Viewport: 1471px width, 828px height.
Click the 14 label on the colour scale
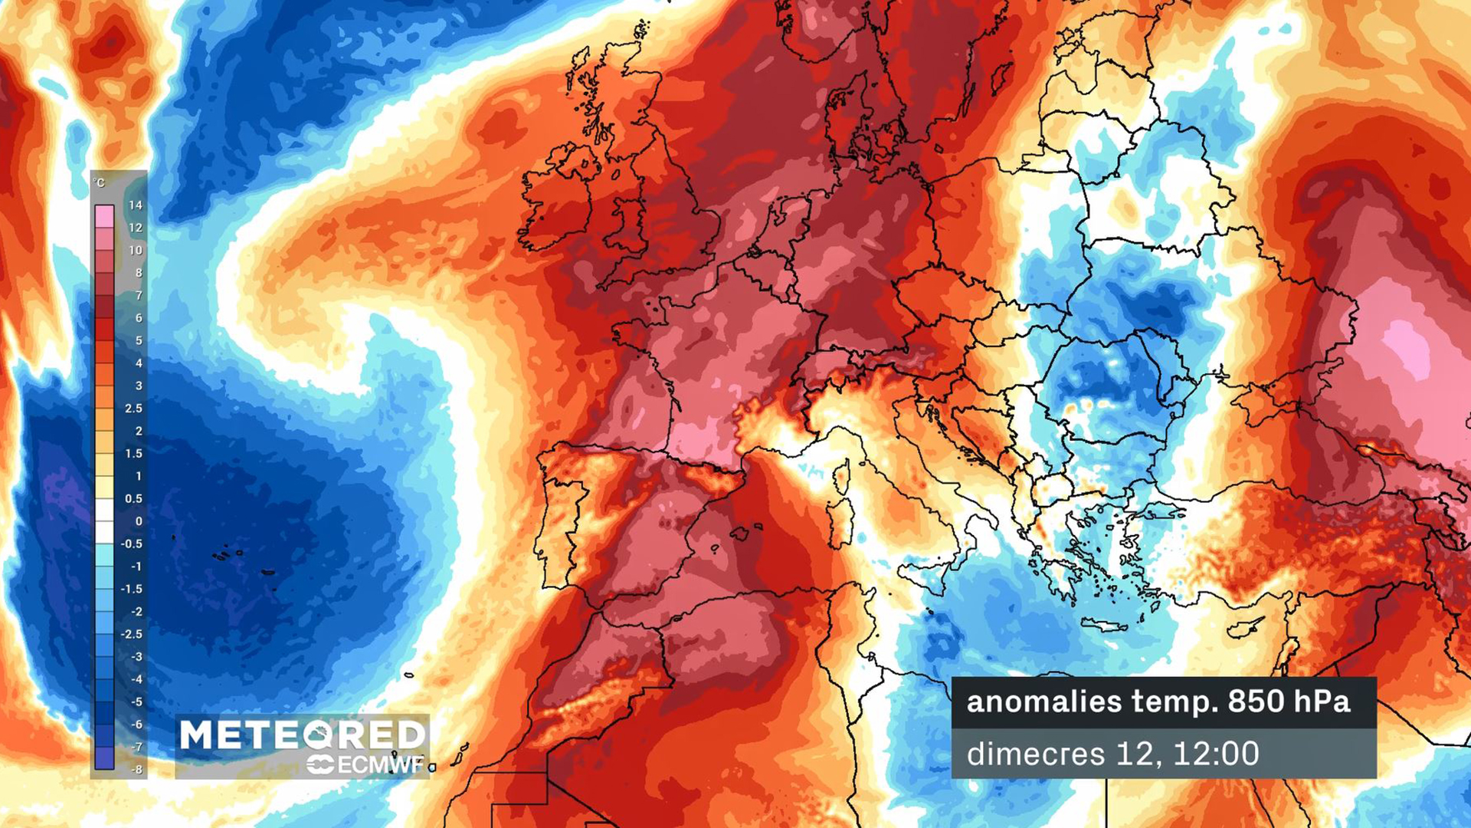click(136, 205)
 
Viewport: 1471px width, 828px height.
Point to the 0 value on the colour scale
click(139, 521)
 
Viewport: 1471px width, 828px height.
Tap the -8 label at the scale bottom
click(136, 769)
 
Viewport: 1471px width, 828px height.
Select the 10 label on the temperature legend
click(136, 251)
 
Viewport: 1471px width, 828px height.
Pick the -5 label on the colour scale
click(136, 701)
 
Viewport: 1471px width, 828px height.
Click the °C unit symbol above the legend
click(99, 182)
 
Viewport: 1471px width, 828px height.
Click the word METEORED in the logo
click(302, 734)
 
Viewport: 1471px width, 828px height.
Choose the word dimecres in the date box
click(1035, 754)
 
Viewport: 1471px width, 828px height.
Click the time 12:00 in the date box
click(1216, 754)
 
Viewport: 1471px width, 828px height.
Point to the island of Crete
click(1103, 626)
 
